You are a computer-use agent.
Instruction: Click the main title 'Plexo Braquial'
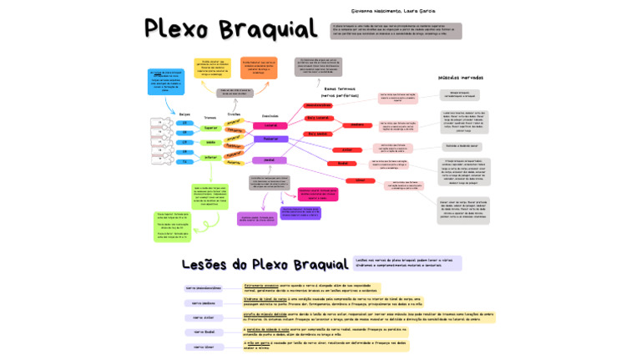click(x=230, y=28)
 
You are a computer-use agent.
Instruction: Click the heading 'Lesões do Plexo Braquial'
click(x=265, y=264)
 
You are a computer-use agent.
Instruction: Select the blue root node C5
click(x=185, y=122)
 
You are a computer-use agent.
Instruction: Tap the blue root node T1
click(x=185, y=162)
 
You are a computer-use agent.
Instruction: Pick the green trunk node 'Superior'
click(x=211, y=128)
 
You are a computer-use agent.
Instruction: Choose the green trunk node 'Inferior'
click(x=211, y=156)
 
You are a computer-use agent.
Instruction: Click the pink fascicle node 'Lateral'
click(x=270, y=125)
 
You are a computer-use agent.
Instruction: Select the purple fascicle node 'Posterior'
click(x=270, y=139)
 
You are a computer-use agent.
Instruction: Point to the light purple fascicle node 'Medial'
click(x=269, y=160)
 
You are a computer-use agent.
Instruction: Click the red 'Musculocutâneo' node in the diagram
click(x=318, y=105)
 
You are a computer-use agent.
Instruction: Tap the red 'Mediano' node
click(x=357, y=125)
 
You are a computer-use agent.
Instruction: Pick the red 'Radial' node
click(x=342, y=164)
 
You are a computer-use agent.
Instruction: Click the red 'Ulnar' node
click(x=361, y=180)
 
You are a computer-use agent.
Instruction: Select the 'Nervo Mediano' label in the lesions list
click(x=203, y=303)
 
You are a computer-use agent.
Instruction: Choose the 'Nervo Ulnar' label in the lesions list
click(x=203, y=347)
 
